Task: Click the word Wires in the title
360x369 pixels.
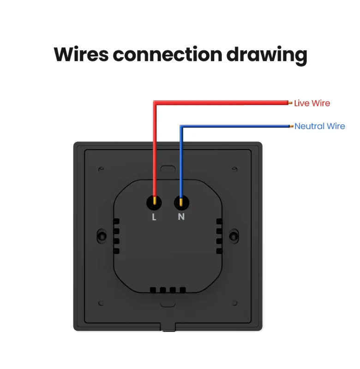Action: [81, 54]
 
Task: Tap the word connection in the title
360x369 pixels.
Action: [168, 54]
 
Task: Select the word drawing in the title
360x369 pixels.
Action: [266, 56]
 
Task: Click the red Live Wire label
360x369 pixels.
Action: [312, 103]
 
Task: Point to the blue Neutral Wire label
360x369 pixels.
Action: [319, 126]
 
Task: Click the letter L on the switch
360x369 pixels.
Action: [154, 217]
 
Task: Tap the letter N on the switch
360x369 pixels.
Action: [181, 216]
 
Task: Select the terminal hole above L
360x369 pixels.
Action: [154, 202]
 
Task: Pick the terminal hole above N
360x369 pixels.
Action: [181, 202]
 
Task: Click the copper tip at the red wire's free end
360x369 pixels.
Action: [290, 103]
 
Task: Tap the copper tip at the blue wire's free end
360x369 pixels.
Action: [292, 126]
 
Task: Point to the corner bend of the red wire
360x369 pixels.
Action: [155, 102]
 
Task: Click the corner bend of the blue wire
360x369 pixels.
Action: [181, 126]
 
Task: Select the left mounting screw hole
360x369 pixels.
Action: [102, 236]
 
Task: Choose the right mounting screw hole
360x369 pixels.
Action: [234, 236]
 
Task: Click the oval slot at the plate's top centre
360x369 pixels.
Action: [168, 169]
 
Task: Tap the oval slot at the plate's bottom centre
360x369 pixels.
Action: [168, 304]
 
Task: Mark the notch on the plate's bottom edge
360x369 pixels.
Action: [168, 327]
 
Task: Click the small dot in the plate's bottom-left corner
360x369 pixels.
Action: [101, 303]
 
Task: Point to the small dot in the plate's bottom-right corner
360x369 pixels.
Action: [234, 303]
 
